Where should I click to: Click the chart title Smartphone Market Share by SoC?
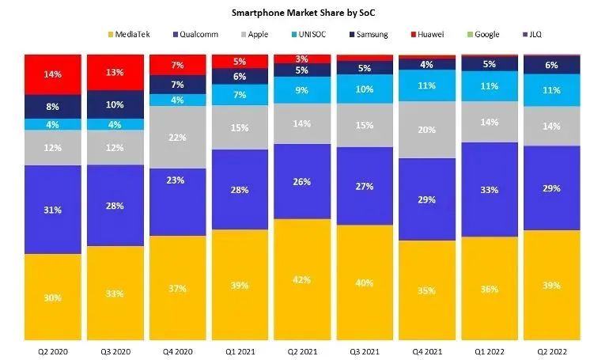coord(304,13)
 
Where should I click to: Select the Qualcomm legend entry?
coord(193,35)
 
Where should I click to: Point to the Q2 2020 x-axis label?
coord(52,350)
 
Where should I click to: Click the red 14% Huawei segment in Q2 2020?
coord(52,75)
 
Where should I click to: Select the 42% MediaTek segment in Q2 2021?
coord(302,279)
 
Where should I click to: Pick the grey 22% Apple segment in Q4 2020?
coord(177,137)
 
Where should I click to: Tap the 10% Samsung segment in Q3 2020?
coord(115,104)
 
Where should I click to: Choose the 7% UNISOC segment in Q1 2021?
coord(240,95)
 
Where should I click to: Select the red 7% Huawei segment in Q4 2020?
coord(177,65)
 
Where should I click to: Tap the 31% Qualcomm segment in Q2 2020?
coord(52,209)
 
